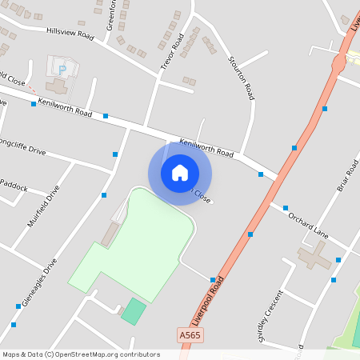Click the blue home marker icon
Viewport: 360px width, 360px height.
(x=179, y=173)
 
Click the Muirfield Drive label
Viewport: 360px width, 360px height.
(x=43, y=206)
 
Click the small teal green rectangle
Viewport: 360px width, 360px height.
(x=134, y=310)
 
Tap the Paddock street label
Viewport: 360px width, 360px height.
(x=14, y=187)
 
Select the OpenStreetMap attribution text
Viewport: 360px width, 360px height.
(x=80, y=354)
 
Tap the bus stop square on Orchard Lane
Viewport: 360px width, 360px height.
(x=285, y=207)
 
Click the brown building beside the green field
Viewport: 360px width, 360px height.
(x=109, y=234)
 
